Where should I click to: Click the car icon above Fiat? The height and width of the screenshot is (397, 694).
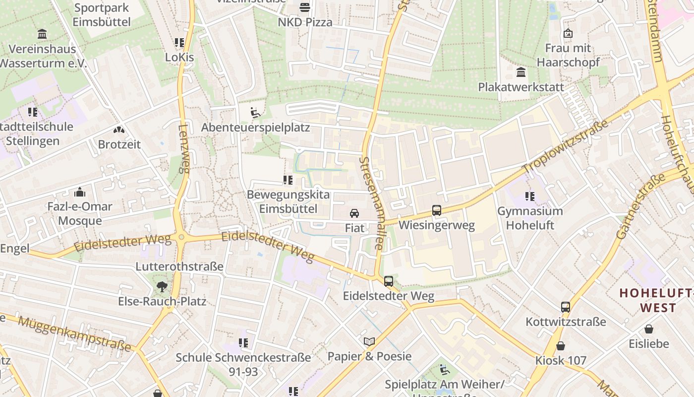click(354, 213)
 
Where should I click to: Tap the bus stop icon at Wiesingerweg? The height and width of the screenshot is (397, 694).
click(437, 210)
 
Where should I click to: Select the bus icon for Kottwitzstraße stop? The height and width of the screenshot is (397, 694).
click(566, 307)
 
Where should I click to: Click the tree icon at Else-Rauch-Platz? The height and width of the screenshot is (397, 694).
click(162, 286)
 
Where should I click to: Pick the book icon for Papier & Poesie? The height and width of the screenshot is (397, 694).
click(369, 341)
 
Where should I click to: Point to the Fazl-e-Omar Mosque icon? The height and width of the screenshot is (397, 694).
click(79, 192)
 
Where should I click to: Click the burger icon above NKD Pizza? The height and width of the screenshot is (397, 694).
click(305, 7)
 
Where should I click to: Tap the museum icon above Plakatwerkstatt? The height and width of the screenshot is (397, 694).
click(521, 72)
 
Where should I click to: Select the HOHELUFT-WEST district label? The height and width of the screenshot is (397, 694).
click(657, 300)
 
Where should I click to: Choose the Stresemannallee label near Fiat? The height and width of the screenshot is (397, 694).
click(372, 203)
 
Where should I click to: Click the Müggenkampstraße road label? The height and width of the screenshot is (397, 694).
click(74, 333)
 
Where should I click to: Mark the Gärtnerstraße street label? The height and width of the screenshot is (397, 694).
click(640, 207)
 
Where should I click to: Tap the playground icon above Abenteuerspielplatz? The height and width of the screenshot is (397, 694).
click(255, 113)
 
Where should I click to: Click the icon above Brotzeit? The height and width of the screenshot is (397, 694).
click(119, 130)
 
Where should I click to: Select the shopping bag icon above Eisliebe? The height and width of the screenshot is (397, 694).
click(649, 329)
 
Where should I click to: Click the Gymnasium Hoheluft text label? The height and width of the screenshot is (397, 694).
click(530, 218)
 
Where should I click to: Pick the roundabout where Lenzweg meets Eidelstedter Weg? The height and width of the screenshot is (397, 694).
click(181, 238)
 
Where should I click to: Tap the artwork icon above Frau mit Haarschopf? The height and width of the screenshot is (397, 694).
click(568, 34)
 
